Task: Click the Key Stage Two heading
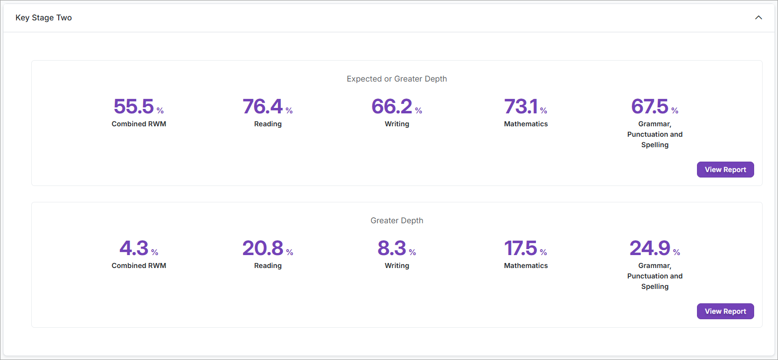click(44, 18)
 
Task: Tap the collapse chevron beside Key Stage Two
click(758, 18)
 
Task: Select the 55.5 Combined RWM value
click(134, 106)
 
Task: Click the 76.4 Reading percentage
click(262, 106)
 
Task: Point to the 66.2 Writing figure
click(392, 106)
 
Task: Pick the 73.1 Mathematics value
click(520, 106)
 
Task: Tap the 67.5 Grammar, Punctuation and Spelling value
click(650, 106)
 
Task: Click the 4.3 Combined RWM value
click(134, 248)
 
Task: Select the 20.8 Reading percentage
click(262, 248)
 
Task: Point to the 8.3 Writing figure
click(392, 248)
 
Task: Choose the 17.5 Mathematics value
click(520, 248)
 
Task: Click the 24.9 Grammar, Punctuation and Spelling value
click(650, 248)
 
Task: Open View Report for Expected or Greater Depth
click(725, 170)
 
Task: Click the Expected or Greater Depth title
click(397, 79)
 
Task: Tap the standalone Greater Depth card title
click(397, 221)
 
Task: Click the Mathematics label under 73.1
click(526, 124)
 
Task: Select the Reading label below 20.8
click(268, 266)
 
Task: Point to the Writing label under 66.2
click(397, 124)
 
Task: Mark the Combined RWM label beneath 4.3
click(139, 266)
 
